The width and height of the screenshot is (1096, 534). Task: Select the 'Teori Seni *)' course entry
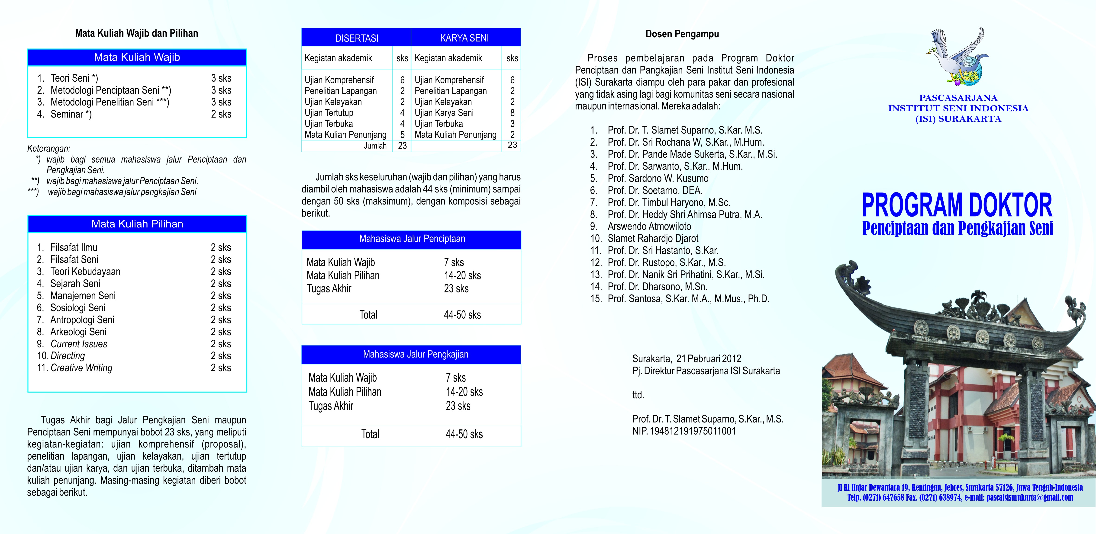tap(74, 78)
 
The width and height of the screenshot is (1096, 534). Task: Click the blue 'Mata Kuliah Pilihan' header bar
tap(137, 224)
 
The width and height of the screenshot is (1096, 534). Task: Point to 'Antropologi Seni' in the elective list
tap(82, 320)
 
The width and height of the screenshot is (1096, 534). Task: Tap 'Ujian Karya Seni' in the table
tap(444, 113)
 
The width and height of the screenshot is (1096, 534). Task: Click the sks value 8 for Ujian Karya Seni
tap(512, 113)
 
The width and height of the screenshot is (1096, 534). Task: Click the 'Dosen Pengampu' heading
tap(682, 34)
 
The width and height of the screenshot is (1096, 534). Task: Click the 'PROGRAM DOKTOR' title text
tap(957, 205)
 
